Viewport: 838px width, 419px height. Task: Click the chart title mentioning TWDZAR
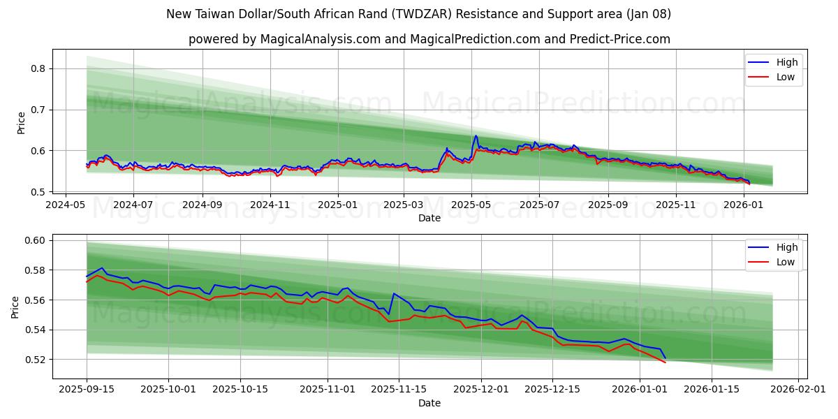click(419, 14)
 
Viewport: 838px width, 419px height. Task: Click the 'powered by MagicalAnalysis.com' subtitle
click(429, 39)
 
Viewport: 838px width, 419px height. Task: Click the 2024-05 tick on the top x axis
click(66, 205)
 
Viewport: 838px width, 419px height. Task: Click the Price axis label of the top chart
click(21, 123)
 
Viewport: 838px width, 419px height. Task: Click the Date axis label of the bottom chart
click(429, 403)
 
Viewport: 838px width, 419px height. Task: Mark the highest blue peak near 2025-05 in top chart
click(476, 136)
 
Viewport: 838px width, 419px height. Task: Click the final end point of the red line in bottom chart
click(666, 362)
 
